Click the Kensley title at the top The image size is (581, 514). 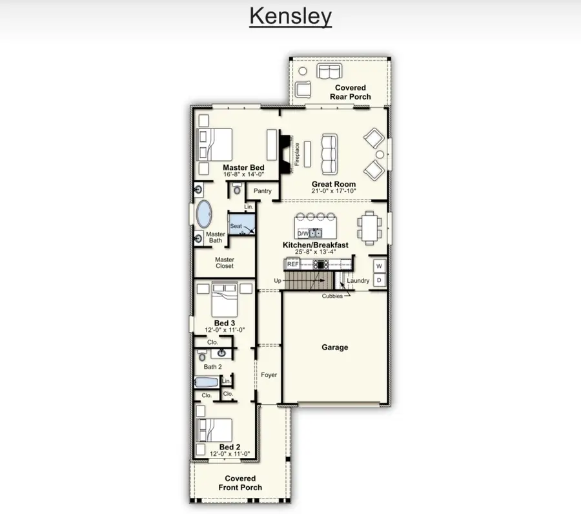(290, 17)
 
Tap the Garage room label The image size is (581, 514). (335, 347)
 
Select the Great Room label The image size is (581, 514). (334, 184)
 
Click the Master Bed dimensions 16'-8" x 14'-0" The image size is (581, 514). (243, 175)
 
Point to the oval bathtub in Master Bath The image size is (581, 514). (204, 213)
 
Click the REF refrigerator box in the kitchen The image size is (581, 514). (293, 264)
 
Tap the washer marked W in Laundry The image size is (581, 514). (379, 266)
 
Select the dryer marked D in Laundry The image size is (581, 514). (379, 280)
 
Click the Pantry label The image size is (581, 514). (263, 191)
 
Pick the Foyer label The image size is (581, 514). (269, 375)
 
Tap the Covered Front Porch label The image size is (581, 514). (240, 483)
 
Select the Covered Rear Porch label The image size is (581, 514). (351, 92)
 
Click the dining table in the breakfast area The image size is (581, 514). (370, 229)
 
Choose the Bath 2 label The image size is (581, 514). (213, 367)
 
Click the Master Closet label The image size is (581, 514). (225, 262)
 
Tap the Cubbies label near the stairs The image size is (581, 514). (332, 296)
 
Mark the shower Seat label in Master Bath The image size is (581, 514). (236, 226)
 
